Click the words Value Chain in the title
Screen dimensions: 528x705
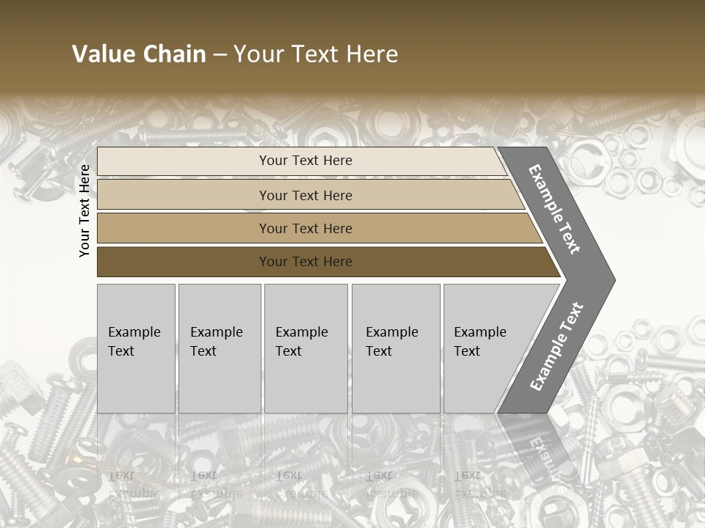pyautogui.click(x=139, y=54)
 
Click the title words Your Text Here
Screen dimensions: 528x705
pyautogui.click(x=316, y=54)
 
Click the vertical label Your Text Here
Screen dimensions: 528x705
pyautogui.click(x=84, y=210)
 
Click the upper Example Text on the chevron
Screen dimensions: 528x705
pyautogui.click(x=554, y=209)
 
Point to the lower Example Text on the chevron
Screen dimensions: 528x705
pyautogui.click(x=556, y=347)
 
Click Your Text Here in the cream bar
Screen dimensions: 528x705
pyautogui.click(x=305, y=161)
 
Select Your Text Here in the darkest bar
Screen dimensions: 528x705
pyautogui.click(x=305, y=262)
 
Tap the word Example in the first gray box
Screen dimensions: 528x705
pyautogui.click(x=134, y=332)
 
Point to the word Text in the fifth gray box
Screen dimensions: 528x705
pyautogui.click(x=467, y=351)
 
